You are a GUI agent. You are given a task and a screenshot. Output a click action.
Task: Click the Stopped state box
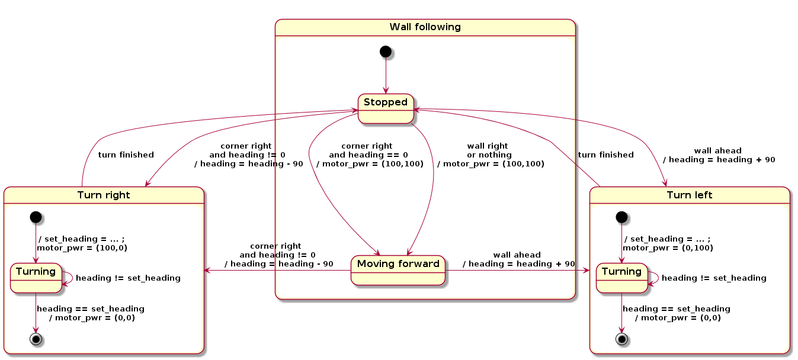click(x=386, y=108)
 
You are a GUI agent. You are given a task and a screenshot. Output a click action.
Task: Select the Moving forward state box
click(x=398, y=270)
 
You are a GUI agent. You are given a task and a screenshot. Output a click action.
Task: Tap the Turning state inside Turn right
click(x=36, y=277)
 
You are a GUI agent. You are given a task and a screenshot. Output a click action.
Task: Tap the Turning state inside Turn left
click(x=621, y=277)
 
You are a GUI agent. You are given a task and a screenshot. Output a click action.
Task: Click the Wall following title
click(x=425, y=27)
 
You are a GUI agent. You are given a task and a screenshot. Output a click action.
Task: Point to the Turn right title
click(x=104, y=195)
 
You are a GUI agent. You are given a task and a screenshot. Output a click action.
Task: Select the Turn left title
click(x=690, y=195)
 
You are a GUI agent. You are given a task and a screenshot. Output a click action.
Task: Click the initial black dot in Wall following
click(x=386, y=52)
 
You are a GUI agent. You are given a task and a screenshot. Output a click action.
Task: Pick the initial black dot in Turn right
click(x=36, y=217)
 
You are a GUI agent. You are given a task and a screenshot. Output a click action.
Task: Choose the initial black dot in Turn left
click(x=621, y=217)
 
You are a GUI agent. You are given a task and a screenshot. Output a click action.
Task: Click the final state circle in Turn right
click(x=36, y=339)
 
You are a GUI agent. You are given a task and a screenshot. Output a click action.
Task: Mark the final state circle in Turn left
click(x=621, y=339)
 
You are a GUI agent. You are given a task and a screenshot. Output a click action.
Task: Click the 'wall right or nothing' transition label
click(x=490, y=155)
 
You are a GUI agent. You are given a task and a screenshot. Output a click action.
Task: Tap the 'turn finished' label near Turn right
click(x=126, y=155)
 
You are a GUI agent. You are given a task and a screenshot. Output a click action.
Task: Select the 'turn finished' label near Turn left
click(x=605, y=155)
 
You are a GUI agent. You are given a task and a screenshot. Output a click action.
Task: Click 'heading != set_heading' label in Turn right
click(x=128, y=278)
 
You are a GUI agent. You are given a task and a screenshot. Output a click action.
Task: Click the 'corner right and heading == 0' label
click(x=370, y=155)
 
